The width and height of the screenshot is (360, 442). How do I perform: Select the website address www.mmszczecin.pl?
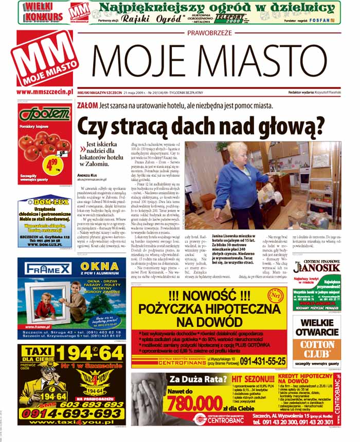(44, 93)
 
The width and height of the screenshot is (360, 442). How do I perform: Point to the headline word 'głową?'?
(291, 125)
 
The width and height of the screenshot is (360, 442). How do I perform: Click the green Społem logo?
(45, 114)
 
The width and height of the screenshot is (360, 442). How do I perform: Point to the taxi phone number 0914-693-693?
(71, 413)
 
